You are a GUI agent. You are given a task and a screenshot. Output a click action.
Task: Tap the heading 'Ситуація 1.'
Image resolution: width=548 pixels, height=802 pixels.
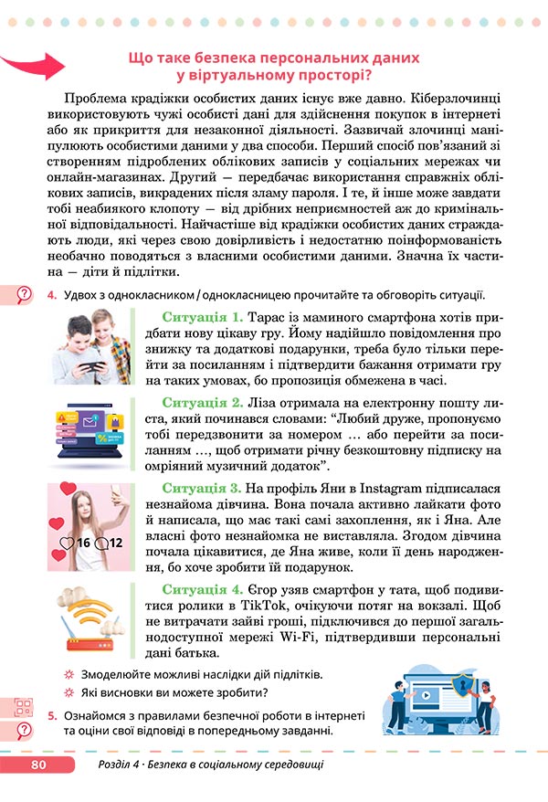coord(202,317)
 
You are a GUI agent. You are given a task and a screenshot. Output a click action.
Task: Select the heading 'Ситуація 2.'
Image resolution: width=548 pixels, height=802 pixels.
coord(202,402)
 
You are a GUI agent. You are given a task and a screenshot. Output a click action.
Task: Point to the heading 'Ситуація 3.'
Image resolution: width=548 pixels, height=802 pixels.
coord(202,488)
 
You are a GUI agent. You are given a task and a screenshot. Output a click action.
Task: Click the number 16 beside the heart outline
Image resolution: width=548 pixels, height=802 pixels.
coord(82,543)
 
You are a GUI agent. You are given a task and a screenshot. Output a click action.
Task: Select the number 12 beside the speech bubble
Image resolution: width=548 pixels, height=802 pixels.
coord(115,543)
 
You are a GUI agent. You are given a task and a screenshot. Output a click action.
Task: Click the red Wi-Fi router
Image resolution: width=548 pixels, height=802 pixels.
coord(88,640)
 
